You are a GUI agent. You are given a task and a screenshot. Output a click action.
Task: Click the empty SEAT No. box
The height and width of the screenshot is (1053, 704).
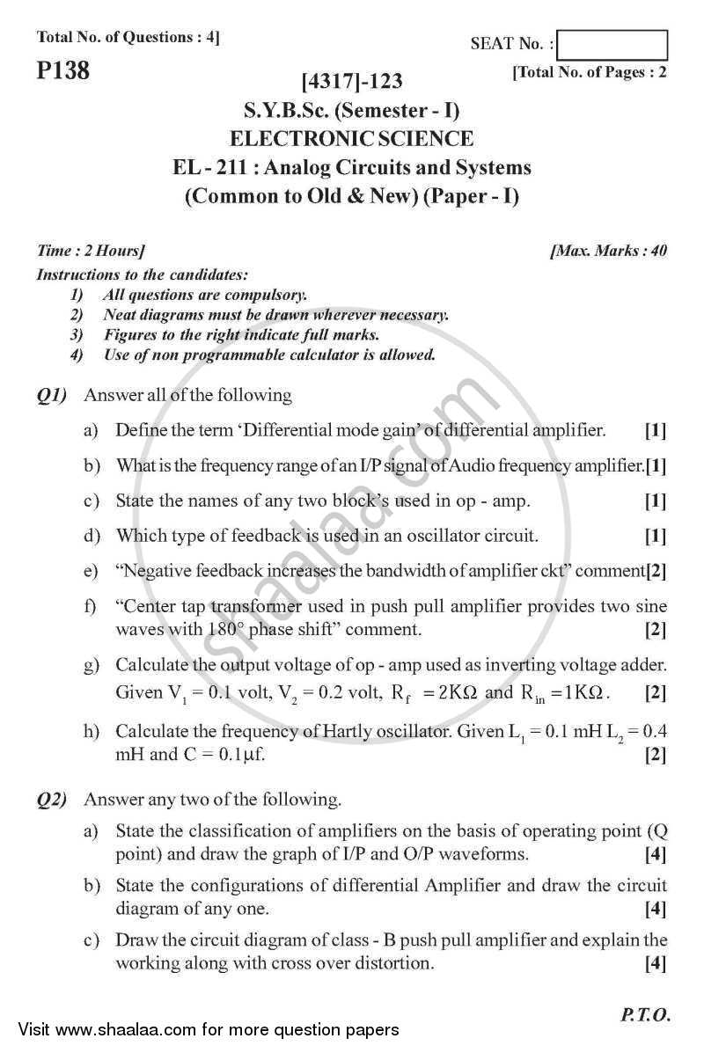[612, 44]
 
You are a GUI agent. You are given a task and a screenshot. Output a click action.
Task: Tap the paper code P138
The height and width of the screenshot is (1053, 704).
[63, 71]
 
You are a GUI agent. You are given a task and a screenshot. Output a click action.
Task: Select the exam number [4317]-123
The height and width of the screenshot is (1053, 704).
[351, 82]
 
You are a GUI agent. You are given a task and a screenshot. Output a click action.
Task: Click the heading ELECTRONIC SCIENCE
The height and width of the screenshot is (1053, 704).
[351, 139]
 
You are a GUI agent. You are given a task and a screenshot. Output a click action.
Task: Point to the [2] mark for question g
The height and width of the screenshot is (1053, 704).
[655, 692]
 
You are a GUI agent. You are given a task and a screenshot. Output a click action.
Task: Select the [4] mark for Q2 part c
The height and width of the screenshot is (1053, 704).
[655, 963]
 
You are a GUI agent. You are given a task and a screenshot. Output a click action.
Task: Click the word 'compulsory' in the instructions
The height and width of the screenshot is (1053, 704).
[266, 296]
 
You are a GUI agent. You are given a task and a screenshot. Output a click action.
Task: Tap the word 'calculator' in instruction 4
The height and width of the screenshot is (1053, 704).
[332, 355]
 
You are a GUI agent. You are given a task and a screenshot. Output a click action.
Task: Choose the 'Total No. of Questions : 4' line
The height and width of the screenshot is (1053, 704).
[128, 37]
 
